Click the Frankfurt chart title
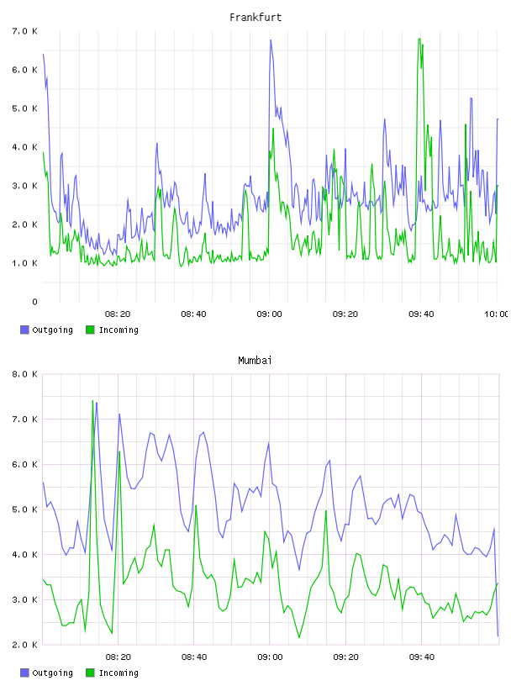(255, 18)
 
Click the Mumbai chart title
(255, 361)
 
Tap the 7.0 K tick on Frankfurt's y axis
(24, 31)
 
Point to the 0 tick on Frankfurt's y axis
(34, 302)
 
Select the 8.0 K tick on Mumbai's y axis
(24, 374)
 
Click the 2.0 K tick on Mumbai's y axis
(24, 645)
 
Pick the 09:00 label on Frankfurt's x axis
(269, 314)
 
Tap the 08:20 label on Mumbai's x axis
(119, 657)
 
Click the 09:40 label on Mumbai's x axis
(422, 657)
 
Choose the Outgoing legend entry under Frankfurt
(46, 330)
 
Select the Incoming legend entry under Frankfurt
(113, 330)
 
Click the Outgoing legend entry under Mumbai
(46, 673)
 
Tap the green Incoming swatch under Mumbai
(90, 673)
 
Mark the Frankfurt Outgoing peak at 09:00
(271, 40)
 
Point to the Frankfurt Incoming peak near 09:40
(419, 39)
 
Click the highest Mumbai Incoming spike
(92, 400)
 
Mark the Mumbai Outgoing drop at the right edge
(498, 636)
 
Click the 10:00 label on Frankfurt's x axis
(496, 314)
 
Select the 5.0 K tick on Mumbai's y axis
(24, 509)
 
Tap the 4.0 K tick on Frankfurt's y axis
(24, 147)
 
